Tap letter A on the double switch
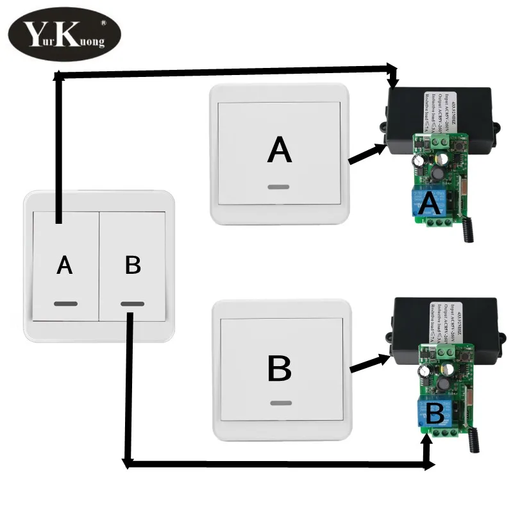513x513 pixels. point(64,265)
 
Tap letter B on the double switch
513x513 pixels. point(133,265)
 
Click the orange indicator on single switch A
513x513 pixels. point(279,188)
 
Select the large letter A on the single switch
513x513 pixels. point(280,151)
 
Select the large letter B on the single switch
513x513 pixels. point(279,369)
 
